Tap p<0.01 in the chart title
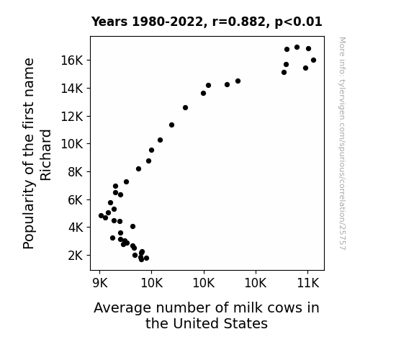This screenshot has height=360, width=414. pyautogui.click(x=298, y=22)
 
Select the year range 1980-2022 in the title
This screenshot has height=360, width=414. pyautogui.click(x=167, y=22)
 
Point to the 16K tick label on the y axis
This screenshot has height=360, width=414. pyautogui.click(x=72, y=60)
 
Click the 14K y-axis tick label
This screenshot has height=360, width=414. pyautogui.click(x=72, y=89)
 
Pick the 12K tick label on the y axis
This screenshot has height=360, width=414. pyautogui.click(x=72, y=116)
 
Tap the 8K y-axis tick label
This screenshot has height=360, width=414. pyautogui.click(x=76, y=172)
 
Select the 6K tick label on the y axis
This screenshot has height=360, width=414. pyautogui.click(x=76, y=200)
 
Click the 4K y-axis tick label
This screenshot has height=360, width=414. pyautogui.click(x=76, y=228)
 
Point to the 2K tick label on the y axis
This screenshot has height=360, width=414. pyautogui.click(x=76, y=256)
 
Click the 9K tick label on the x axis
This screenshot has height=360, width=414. pyautogui.click(x=100, y=283)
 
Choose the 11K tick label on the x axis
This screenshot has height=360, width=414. pyautogui.click(x=308, y=283)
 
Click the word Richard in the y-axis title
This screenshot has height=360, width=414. pyautogui.click(x=45, y=155)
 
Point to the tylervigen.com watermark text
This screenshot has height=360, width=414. pyautogui.click(x=343, y=143)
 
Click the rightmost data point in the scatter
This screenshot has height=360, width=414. pyautogui.click(x=313, y=60)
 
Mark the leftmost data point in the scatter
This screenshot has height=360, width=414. pyautogui.click(x=101, y=215)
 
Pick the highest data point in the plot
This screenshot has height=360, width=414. pyautogui.click(x=297, y=48)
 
